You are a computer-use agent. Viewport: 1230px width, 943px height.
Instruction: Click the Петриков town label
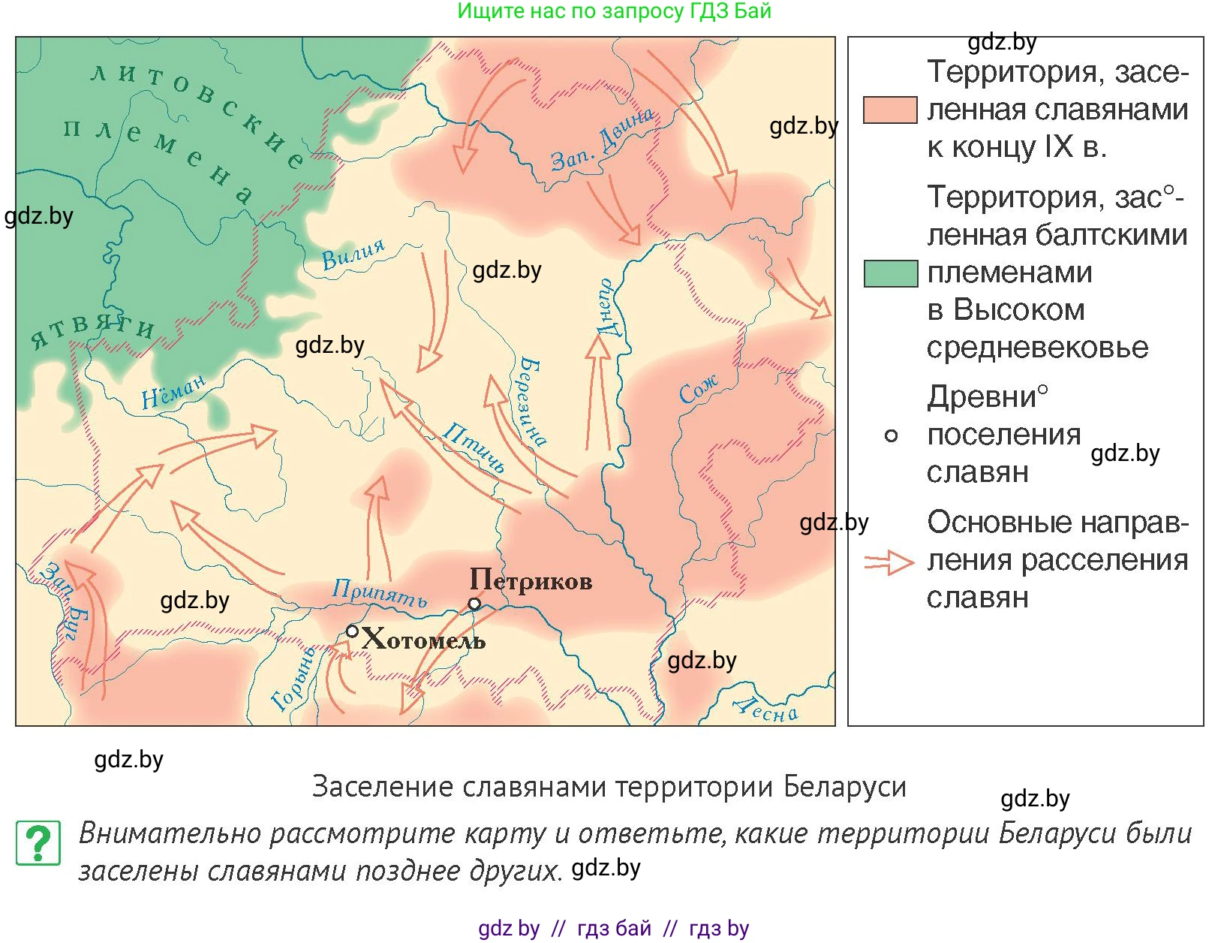point(531,580)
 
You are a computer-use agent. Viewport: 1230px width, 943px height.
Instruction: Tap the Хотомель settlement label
point(424,640)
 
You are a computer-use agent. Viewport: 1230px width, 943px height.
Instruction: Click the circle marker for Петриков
point(474,604)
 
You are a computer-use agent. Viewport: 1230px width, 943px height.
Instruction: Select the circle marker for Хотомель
point(352,631)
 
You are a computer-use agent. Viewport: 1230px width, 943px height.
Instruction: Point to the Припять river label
point(380,593)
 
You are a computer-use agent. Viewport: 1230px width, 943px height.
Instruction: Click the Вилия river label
point(353,255)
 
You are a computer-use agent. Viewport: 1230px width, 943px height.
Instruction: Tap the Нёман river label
point(173,392)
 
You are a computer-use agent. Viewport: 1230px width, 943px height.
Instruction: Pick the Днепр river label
point(607,308)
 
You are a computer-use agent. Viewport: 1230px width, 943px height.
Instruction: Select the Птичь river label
point(474,447)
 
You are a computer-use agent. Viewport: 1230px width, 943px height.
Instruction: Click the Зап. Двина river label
point(602,140)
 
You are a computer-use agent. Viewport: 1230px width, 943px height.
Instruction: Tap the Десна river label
point(765,709)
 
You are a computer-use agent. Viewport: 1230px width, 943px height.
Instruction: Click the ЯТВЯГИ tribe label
point(92,331)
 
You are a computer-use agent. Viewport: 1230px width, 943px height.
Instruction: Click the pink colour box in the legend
point(890,110)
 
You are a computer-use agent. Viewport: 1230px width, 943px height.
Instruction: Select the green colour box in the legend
point(890,273)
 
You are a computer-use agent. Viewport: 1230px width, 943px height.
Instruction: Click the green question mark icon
point(38,843)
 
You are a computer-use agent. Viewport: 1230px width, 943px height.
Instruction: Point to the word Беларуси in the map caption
point(844,787)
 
